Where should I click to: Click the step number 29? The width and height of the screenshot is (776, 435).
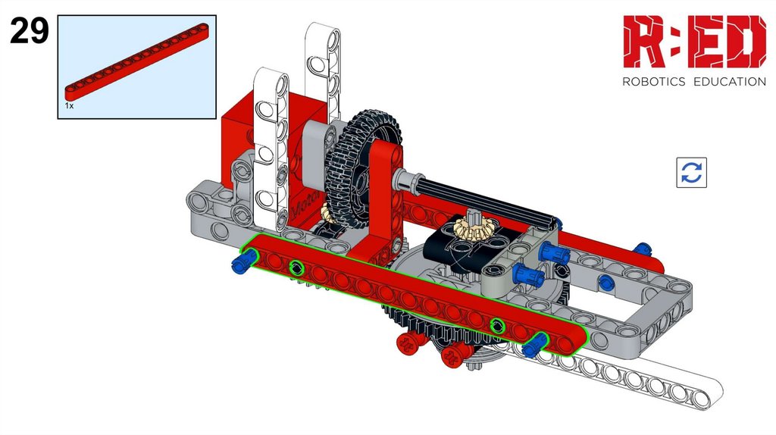[30, 30]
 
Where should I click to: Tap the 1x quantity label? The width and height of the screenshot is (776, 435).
[69, 105]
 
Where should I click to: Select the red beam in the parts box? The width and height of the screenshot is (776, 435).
[136, 62]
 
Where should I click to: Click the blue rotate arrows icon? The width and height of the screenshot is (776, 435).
[691, 173]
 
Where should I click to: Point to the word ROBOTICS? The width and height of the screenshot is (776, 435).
[653, 82]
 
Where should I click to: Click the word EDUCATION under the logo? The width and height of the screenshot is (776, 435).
[730, 82]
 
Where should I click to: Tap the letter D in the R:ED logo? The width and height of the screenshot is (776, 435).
[746, 42]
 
